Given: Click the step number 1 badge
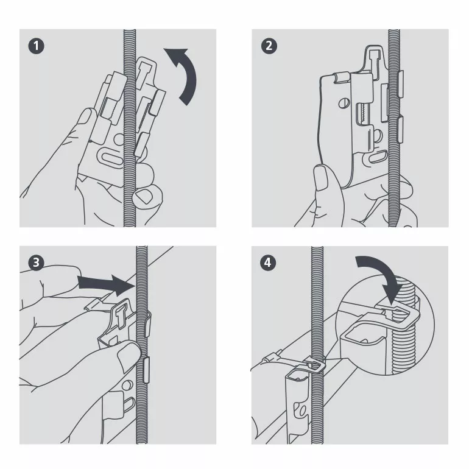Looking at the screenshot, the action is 36,46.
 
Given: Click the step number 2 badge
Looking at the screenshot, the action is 269,46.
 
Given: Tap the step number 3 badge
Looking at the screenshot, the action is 36,263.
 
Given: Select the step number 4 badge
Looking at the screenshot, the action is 268,263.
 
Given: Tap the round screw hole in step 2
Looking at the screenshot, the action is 344,104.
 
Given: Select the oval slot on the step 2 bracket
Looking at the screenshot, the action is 379,157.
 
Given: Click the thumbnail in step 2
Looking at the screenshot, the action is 321,178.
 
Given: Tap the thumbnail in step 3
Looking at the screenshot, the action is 129,355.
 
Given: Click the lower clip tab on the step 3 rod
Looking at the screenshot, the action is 146,370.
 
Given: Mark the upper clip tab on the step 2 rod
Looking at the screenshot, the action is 400,84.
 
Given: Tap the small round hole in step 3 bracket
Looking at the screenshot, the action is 129,384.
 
